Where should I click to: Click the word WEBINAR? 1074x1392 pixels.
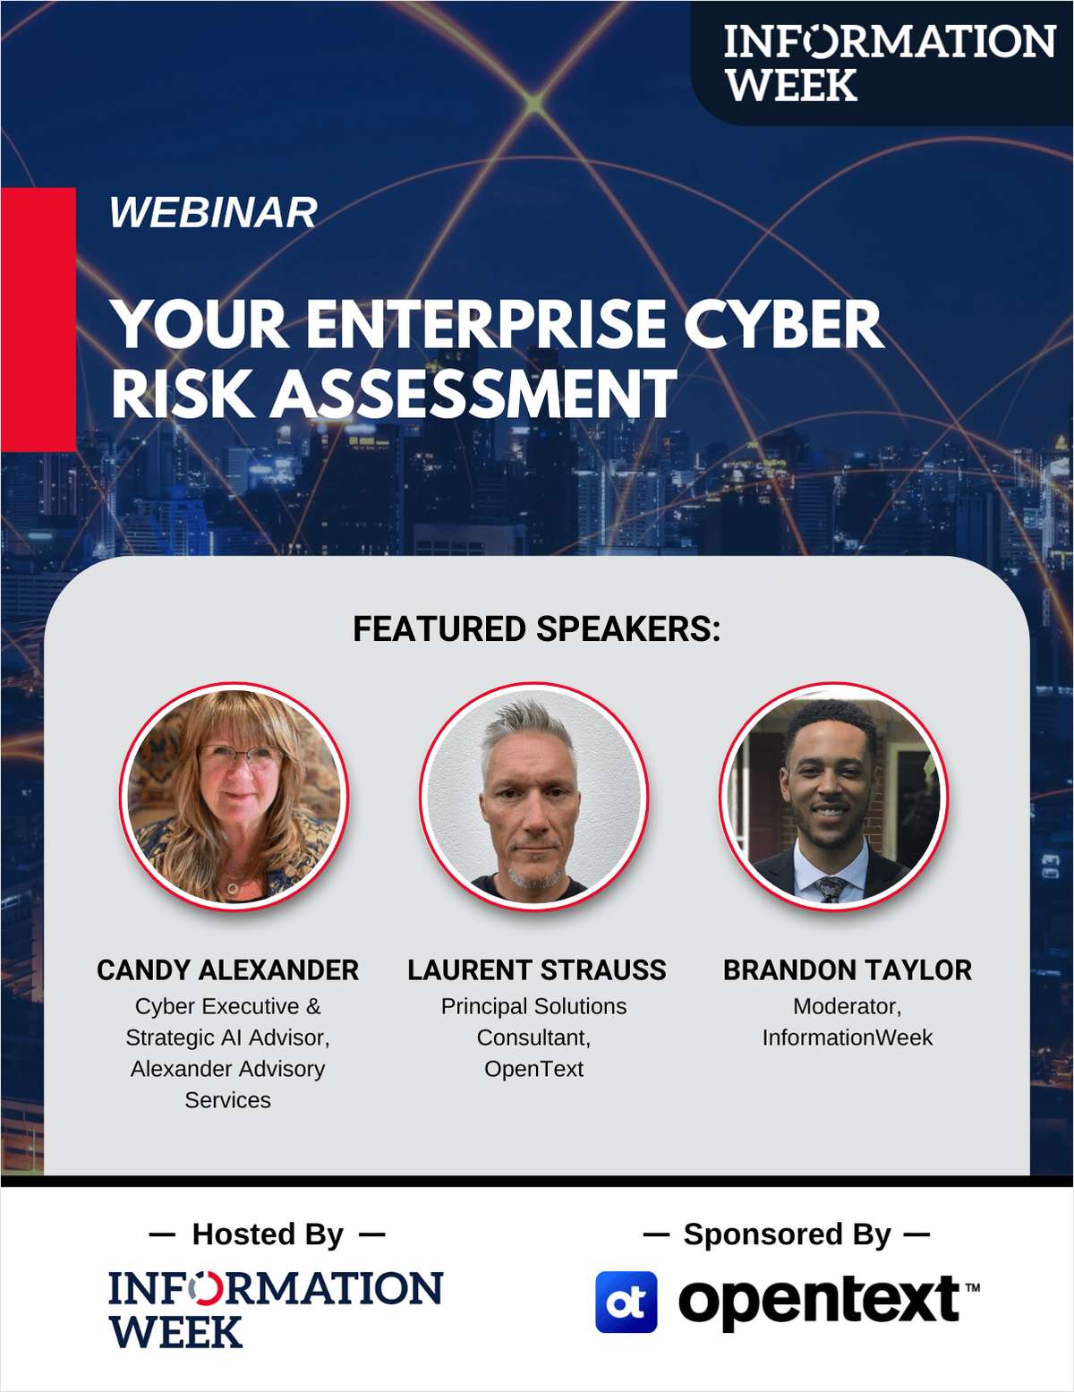[213, 212]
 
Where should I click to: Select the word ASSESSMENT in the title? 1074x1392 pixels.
[473, 393]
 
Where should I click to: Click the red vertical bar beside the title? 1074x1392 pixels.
[38, 319]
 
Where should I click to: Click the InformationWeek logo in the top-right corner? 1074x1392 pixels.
[889, 63]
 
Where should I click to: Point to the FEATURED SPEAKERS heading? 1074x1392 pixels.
[537, 628]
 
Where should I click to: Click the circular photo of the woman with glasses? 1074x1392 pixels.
[234, 796]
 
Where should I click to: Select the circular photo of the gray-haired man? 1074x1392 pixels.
[533, 796]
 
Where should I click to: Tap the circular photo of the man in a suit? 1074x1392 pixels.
[833, 796]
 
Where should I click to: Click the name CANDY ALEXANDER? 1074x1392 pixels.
[227, 970]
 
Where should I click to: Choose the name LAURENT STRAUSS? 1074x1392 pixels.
[537, 970]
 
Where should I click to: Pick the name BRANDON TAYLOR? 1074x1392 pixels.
[847, 970]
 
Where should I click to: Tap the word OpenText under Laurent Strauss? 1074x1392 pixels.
[533, 1069]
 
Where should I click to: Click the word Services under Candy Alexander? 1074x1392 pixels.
[227, 1100]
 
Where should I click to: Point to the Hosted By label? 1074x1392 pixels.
[268, 1234]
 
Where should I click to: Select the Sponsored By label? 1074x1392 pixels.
[787, 1234]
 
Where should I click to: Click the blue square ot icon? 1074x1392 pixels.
[626, 1302]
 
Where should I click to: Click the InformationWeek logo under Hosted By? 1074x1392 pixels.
[276, 1310]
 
